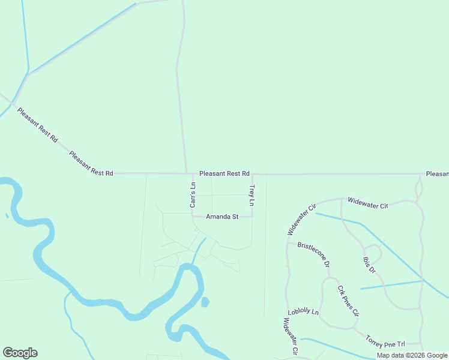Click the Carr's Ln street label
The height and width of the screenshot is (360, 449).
tap(193, 195)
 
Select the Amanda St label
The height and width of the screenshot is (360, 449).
tap(222, 217)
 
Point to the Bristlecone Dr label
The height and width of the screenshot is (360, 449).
tap(313, 254)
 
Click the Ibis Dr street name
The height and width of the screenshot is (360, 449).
tap(368, 265)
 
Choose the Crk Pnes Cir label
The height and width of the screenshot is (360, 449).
tap(348, 300)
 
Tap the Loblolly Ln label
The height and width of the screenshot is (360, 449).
tap(303, 313)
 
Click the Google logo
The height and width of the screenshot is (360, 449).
tap(20, 353)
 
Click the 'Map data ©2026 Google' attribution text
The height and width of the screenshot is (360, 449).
tap(412, 355)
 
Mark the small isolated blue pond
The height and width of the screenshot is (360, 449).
tap(205, 301)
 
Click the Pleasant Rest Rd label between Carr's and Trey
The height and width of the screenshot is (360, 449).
tap(224, 173)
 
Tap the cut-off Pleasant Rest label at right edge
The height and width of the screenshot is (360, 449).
tap(437, 173)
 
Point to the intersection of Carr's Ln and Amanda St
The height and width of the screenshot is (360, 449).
tap(192, 217)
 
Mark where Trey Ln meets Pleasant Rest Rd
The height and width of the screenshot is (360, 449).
tap(252, 174)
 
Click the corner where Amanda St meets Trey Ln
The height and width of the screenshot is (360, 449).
tap(252, 217)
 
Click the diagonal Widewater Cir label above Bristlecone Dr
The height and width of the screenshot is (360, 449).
tap(301, 220)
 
